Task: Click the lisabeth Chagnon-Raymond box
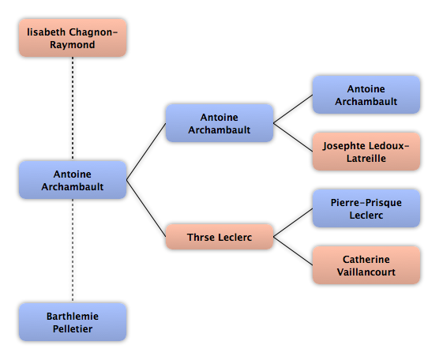tap(73, 38)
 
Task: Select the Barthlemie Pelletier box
tap(73, 322)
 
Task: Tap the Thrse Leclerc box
tap(219, 237)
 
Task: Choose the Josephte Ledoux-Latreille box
tap(366, 152)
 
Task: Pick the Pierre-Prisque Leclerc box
tap(366, 208)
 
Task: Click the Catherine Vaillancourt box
tap(366, 265)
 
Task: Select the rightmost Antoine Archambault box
tap(366, 95)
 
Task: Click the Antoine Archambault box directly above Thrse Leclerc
tap(219, 123)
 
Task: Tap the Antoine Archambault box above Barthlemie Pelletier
tap(73, 180)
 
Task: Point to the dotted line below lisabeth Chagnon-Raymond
tap(73, 109)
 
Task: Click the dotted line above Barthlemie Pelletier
tap(73, 251)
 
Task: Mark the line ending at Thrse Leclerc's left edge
tap(146, 208)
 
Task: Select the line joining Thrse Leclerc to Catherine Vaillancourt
tap(293, 251)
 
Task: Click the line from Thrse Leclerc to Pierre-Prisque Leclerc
tap(293, 223)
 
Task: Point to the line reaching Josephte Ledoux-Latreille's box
tap(293, 137)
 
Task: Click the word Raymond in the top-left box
tap(73, 45)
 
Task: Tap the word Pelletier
tap(73, 328)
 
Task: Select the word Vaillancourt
tap(366, 272)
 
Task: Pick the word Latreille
tap(366, 158)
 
